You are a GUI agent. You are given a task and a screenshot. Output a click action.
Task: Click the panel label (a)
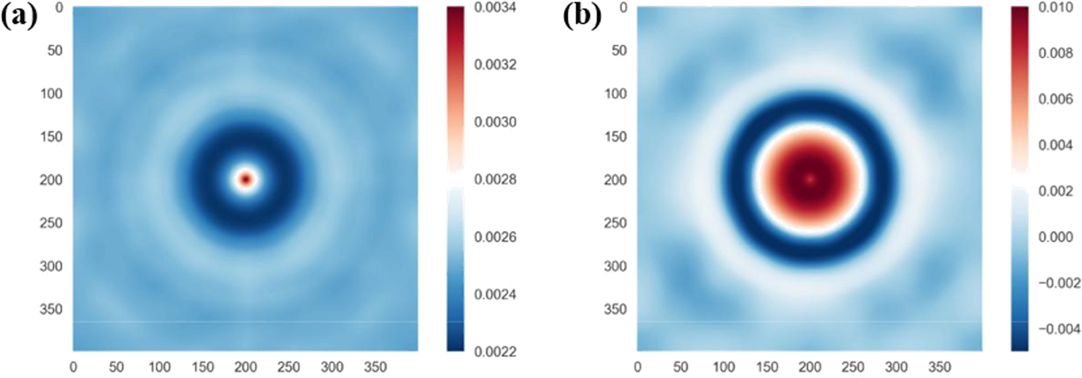[x=19, y=16]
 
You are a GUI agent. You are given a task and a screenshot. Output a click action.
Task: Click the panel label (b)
[x=582, y=16]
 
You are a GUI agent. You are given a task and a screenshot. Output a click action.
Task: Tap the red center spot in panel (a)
[x=246, y=178]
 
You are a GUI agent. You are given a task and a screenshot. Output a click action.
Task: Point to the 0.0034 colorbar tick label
[x=495, y=8]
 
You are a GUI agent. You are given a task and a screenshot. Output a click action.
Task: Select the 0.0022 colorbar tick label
[x=495, y=352]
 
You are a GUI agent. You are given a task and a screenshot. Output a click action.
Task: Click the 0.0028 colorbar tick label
[x=495, y=180]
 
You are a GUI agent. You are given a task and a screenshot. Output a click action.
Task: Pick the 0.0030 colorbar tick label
[x=495, y=122]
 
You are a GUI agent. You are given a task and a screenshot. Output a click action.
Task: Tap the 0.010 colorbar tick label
[x=1056, y=8]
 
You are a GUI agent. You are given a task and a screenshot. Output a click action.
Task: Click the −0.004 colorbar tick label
[x=1058, y=329]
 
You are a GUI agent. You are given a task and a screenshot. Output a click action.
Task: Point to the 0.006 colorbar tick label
[x=1056, y=99]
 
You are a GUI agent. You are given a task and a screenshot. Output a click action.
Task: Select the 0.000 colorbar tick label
[x=1056, y=237]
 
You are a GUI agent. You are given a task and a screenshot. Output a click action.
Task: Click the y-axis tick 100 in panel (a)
[x=51, y=94]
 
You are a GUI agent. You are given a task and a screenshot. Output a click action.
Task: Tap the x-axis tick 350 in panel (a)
[x=375, y=367]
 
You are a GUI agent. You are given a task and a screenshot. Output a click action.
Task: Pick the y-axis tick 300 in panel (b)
[x=616, y=266]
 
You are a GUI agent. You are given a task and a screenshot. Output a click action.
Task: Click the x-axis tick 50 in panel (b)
[x=681, y=367]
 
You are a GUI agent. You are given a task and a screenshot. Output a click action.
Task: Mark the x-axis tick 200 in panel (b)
[x=810, y=367]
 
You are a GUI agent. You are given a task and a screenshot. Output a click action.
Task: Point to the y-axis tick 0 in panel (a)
[x=59, y=8]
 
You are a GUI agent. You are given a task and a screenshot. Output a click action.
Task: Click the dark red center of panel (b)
[x=809, y=178]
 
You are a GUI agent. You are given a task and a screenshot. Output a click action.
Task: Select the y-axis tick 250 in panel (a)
[x=51, y=223]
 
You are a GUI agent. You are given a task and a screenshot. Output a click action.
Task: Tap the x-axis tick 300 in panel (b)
[x=896, y=367]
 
